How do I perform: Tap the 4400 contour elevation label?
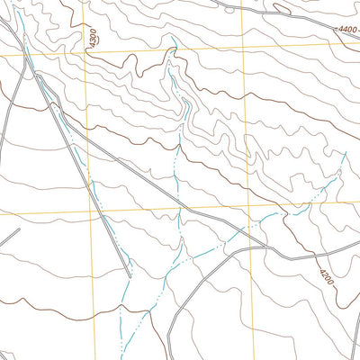pos(346,30)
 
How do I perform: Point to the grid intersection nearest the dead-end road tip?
pos(91,214)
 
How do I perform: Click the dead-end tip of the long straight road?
pos(130,275)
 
